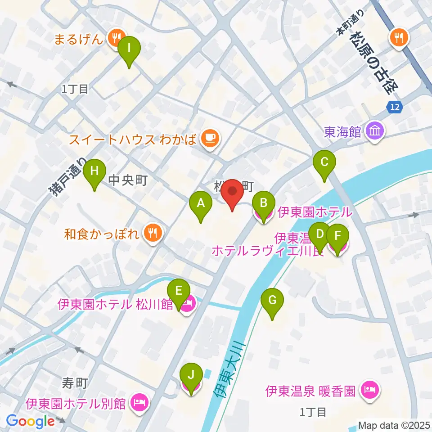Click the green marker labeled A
click(201, 205)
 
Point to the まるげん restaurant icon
click(117, 39)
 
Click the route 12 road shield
click(395, 107)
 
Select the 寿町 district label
click(74, 383)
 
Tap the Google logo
click(30, 421)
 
